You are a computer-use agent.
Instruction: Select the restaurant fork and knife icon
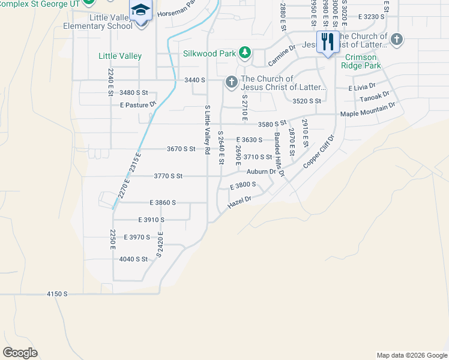[x=327, y=42]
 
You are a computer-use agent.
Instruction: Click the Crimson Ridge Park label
[x=363, y=61]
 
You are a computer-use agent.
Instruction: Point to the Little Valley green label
[x=120, y=56]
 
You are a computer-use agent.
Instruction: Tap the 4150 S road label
[x=58, y=294]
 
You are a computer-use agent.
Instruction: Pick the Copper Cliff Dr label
[x=318, y=151]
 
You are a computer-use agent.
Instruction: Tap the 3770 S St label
[x=167, y=176]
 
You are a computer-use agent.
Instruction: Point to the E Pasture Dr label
[x=137, y=104]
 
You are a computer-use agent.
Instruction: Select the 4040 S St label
[x=133, y=259]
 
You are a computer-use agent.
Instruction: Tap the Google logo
[x=20, y=352]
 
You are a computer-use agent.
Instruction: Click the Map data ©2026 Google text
[x=411, y=355]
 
